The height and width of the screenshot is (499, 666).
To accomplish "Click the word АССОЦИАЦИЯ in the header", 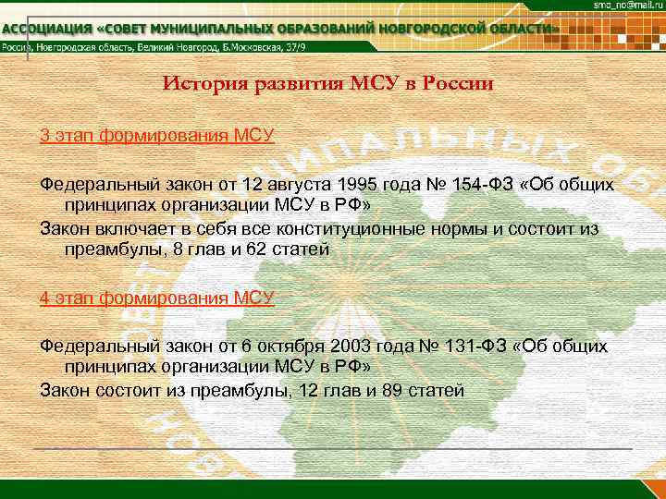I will pos(47,30).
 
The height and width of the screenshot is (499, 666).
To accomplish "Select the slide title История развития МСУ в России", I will pos(328,83).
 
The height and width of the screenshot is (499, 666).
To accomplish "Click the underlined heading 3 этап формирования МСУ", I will pos(157,136).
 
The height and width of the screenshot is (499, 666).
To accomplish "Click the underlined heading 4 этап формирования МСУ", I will pos(157,297).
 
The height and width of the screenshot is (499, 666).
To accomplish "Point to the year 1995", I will pos(360,183).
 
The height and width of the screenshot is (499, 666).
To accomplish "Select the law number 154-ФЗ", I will pos(486,183).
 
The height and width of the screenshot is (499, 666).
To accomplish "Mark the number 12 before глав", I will pos(302,390).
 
